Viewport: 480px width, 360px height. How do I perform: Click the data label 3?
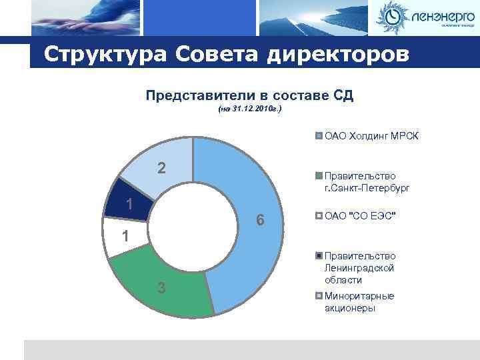(161, 287)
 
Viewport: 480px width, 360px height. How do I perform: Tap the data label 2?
(161, 167)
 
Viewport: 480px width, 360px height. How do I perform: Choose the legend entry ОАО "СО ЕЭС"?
(360, 215)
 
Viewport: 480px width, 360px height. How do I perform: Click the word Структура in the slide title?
(104, 55)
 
